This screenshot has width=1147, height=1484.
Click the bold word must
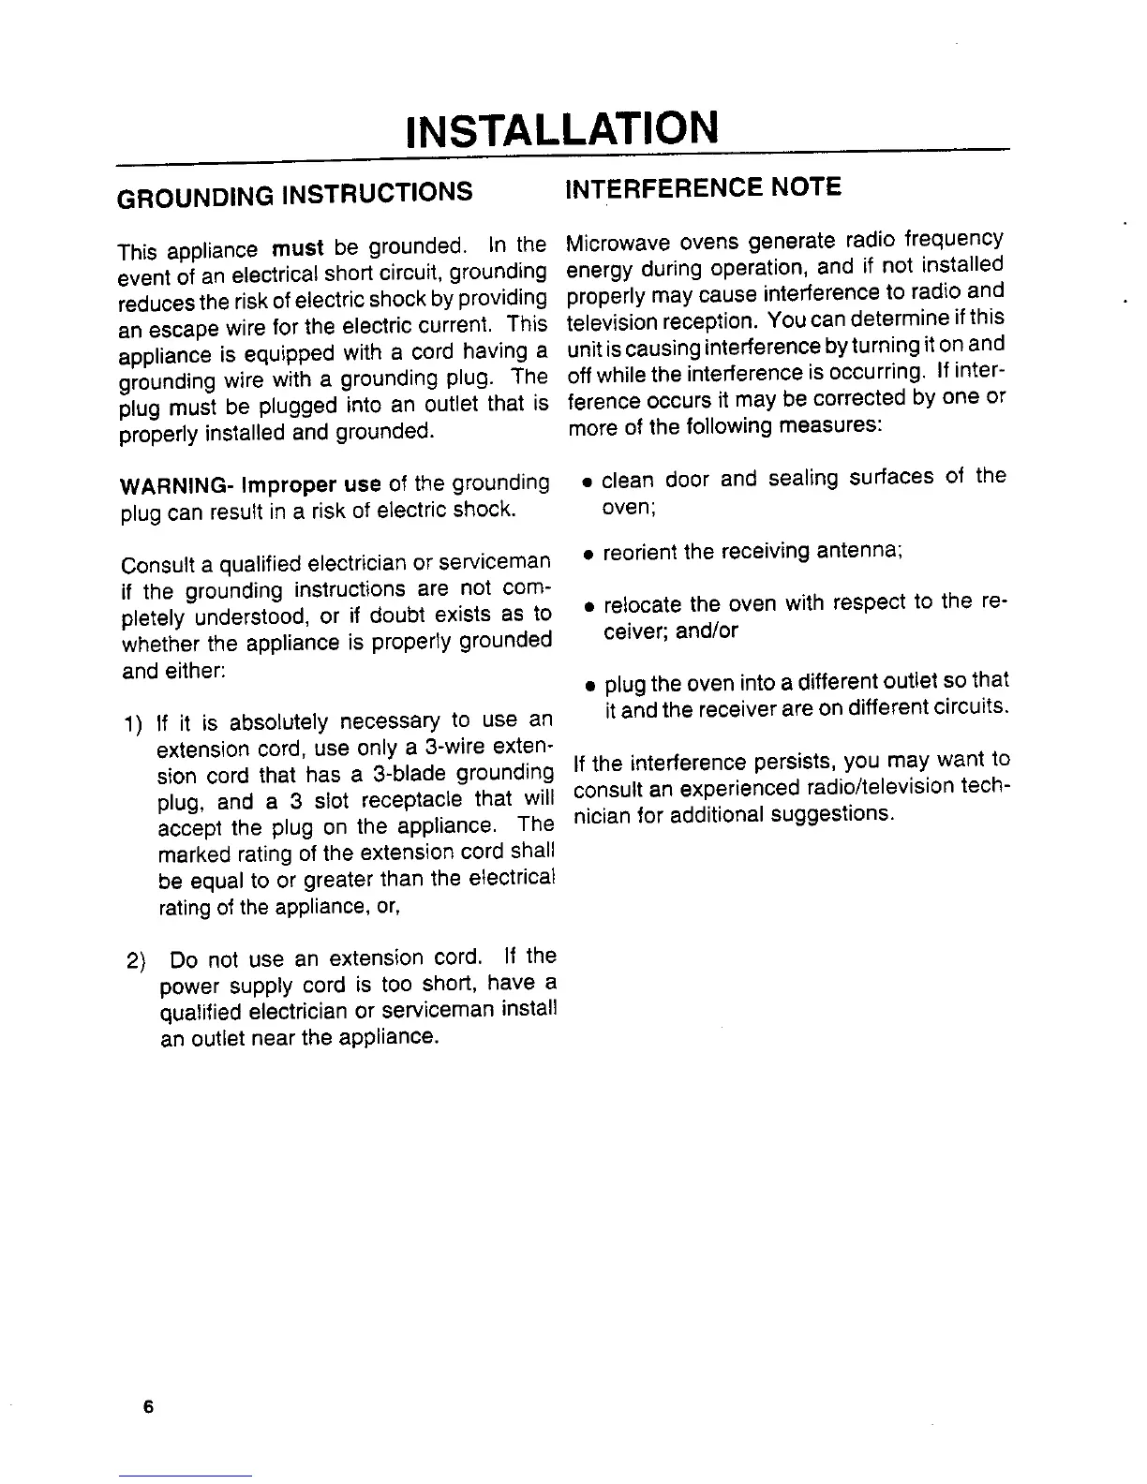click(297, 249)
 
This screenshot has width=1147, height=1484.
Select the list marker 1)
click(133, 725)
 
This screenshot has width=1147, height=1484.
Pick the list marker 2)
click(137, 961)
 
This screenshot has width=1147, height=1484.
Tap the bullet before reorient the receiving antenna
click(586, 555)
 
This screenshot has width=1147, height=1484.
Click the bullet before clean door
click(585, 482)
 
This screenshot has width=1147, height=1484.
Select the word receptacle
click(412, 801)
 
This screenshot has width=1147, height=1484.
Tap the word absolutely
click(278, 722)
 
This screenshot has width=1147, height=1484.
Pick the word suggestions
click(832, 813)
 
